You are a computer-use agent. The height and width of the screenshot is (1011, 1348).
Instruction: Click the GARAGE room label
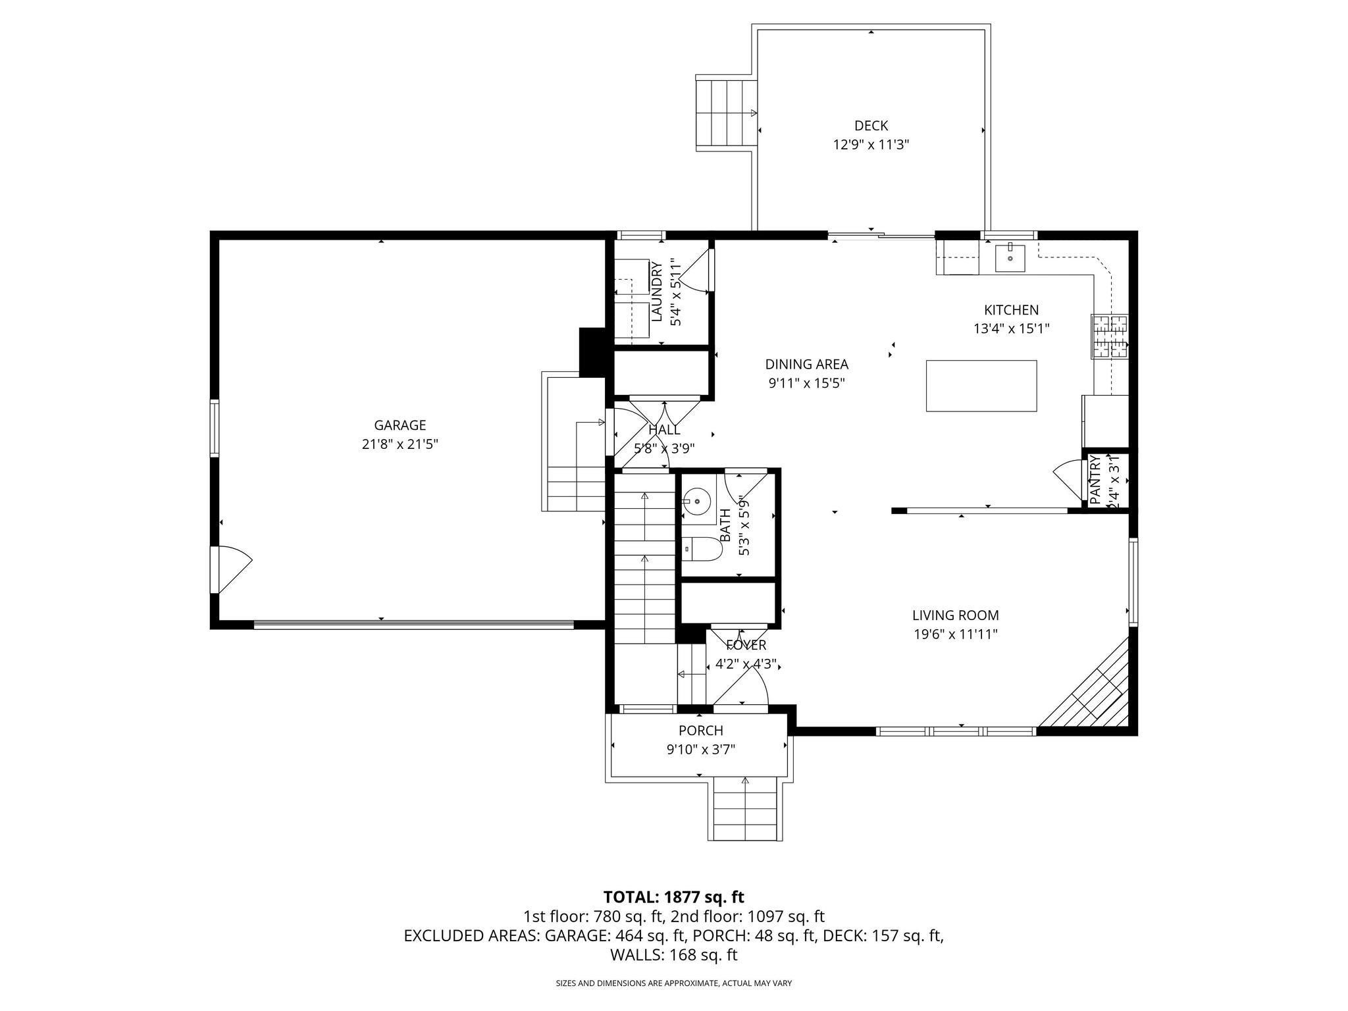[x=400, y=425]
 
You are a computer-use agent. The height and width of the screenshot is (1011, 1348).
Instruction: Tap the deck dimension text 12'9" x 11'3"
[x=871, y=145]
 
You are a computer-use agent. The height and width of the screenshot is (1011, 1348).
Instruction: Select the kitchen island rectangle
[x=981, y=386]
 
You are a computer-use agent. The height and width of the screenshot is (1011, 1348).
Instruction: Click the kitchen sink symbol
[x=1009, y=258]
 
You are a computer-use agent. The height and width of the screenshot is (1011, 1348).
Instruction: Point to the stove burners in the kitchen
[x=1110, y=336]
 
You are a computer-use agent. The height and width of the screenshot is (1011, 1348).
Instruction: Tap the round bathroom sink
[x=697, y=502]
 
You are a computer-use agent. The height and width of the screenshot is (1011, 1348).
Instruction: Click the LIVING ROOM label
[x=955, y=615]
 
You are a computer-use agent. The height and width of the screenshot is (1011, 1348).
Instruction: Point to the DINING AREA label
[x=806, y=364]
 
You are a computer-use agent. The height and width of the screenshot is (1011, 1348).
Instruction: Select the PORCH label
[x=700, y=731]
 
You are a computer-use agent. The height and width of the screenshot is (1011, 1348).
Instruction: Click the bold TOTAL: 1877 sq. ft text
[x=673, y=897]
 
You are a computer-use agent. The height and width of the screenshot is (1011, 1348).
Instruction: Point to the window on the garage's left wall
[x=215, y=428]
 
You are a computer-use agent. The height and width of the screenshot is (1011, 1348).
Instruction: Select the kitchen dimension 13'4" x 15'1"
[x=1011, y=328]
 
